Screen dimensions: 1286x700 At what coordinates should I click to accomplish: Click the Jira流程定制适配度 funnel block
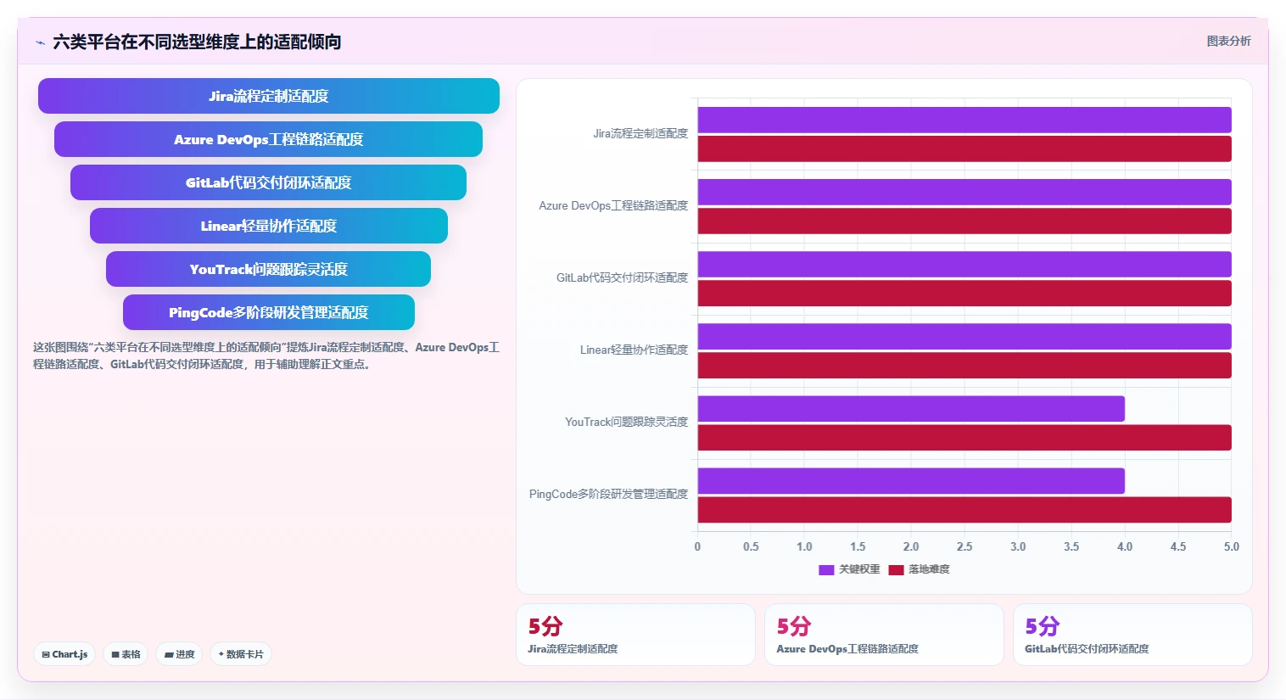click(x=269, y=96)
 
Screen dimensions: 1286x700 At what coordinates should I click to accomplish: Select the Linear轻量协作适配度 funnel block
click(x=269, y=226)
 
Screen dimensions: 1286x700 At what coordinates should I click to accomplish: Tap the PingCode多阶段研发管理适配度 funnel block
click(x=269, y=312)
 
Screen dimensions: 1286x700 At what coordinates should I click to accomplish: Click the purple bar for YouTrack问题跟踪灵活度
click(x=911, y=408)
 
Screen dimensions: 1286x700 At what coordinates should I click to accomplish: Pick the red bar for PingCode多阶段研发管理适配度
click(x=964, y=510)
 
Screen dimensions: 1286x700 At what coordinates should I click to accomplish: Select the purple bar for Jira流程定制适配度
click(x=964, y=120)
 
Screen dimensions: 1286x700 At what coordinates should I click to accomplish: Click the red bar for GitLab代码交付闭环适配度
click(x=964, y=294)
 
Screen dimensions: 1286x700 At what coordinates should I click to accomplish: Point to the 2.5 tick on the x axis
click(x=964, y=546)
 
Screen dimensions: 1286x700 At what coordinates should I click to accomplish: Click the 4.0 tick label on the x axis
click(x=1125, y=546)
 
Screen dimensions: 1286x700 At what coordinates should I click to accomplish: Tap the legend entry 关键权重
click(x=849, y=569)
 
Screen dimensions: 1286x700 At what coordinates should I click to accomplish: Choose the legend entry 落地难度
click(x=920, y=569)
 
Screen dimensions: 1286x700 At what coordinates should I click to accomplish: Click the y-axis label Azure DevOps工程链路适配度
click(x=613, y=205)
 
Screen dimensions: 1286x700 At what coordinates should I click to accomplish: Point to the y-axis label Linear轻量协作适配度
click(x=634, y=350)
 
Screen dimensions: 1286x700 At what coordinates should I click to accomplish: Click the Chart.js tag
click(x=64, y=654)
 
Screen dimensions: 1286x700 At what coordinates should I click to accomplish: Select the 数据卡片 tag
click(x=241, y=654)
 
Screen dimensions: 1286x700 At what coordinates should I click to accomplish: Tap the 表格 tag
click(x=126, y=654)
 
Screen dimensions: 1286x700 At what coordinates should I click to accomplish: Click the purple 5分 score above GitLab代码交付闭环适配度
click(x=1042, y=626)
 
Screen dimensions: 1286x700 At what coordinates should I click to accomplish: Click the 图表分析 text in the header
click(x=1228, y=42)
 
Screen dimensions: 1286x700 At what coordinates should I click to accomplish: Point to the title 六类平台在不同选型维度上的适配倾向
click(x=197, y=42)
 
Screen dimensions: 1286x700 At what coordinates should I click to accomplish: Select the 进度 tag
click(x=179, y=654)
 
